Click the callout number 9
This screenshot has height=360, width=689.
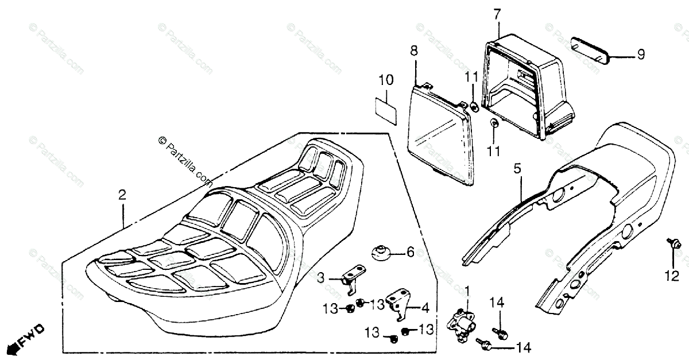(x=640, y=55)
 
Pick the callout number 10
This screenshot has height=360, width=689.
(x=386, y=80)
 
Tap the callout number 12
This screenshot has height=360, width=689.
(x=672, y=277)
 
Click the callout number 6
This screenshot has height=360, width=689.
(x=410, y=251)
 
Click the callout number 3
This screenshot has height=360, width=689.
(x=322, y=278)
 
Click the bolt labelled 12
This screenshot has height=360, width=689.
(x=675, y=245)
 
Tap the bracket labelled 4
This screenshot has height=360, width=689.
(x=401, y=303)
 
